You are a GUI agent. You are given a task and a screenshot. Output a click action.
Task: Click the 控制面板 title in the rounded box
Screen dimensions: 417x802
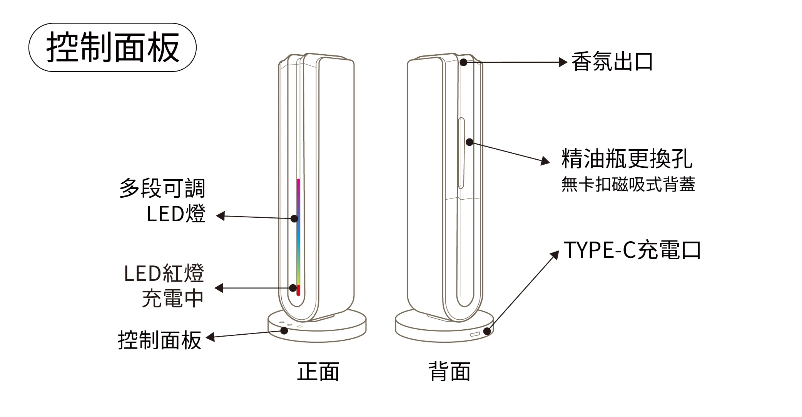tap(112, 48)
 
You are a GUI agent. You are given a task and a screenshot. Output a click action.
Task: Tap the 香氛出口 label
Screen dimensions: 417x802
tap(612, 62)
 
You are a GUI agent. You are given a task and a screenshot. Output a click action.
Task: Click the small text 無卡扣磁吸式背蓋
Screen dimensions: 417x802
tap(628, 185)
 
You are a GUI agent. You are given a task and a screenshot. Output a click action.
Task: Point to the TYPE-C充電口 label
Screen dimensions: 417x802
tap(632, 250)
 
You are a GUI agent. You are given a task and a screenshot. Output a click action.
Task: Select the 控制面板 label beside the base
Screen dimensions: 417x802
tap(160, 340)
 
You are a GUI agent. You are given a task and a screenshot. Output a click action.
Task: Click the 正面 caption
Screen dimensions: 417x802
tap(318, 372)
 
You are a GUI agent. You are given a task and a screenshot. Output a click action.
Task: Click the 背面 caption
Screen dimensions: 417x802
tap(449, 372)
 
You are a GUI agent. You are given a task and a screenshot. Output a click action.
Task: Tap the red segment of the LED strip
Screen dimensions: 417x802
tap(298, 290)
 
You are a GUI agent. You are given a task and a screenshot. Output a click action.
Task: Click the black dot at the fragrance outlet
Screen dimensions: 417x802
tap(464, 62)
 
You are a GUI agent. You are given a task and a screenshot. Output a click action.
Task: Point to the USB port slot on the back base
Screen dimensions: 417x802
tap(475, 334)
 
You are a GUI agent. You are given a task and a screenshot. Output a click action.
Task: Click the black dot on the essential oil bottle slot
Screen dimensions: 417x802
tap(470, 142)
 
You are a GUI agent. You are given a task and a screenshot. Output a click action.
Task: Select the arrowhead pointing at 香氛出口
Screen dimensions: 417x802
tap(563, 62)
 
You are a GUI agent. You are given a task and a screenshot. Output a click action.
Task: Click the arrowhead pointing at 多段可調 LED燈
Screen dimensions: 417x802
tap(220, 216)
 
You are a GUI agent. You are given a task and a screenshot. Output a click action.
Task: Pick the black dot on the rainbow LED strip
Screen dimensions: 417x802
tap(294, 219)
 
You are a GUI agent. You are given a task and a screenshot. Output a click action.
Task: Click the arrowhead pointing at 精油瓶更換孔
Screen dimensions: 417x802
tap(546, 161)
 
